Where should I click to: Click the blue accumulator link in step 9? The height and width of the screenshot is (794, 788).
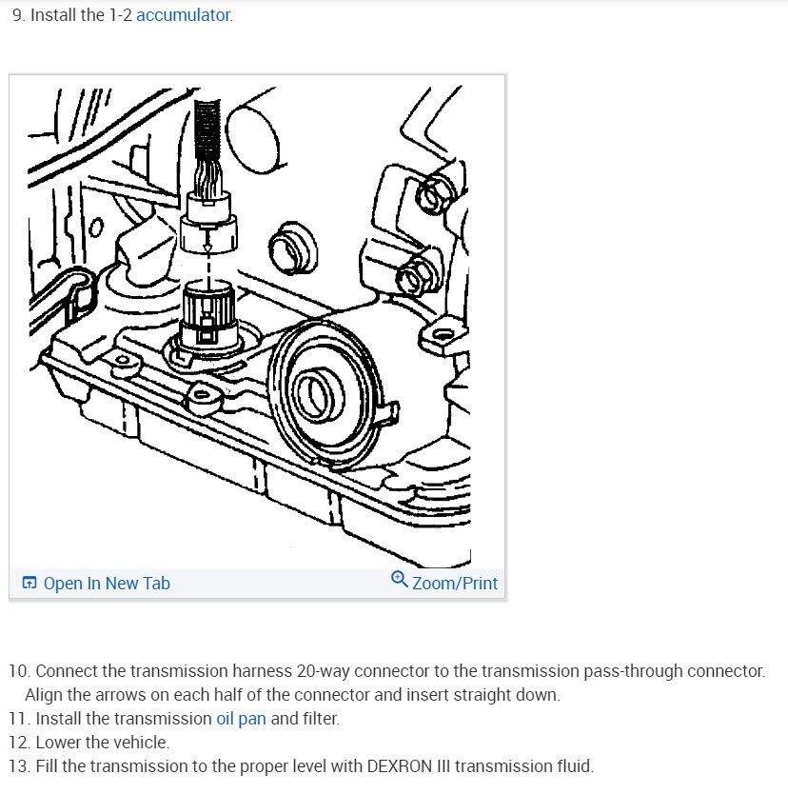[184, 15]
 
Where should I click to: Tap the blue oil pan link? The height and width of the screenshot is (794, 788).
[241, 719]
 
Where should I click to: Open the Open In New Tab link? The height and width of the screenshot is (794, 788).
[107, 584]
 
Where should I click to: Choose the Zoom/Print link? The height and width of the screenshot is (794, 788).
[455, 584]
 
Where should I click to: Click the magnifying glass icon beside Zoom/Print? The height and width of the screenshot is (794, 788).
[400, 579]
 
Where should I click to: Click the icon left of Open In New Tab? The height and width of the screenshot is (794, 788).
[30, 583]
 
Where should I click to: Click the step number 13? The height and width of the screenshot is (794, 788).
[20, 766]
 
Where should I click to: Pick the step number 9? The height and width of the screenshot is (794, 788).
[19, 15]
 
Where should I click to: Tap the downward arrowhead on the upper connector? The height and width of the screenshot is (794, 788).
[207, 248]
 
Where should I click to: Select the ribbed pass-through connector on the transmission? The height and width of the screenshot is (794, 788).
[208, 315]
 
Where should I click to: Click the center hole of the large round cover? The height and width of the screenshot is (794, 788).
[314, 394]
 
